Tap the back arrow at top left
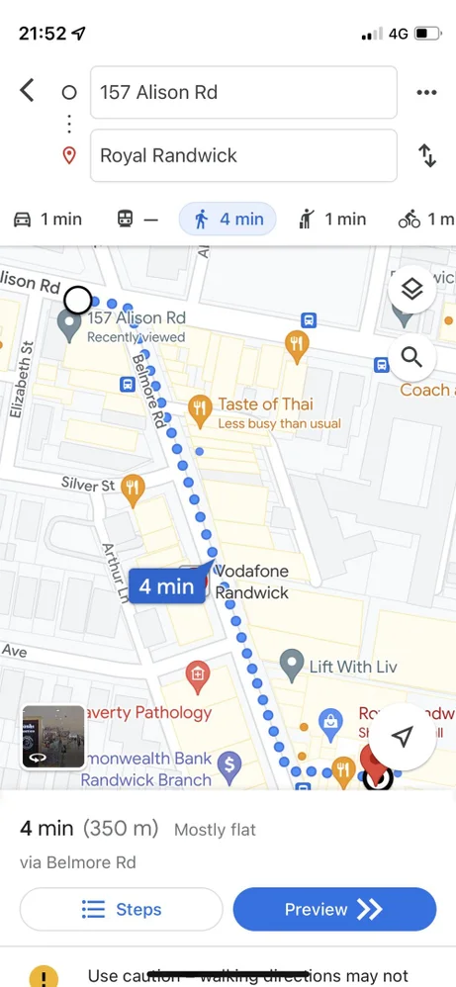click(28, 92)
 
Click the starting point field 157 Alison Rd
click(243, 93)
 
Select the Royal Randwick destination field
click(243, 156)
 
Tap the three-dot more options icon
click(426, 93)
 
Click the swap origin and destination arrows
click(427, 156)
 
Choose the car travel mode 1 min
click(47, 220)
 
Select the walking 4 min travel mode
click(228, 220)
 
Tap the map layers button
click(412, 289)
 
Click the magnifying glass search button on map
click(412, 356)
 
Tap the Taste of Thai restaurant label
click(265, 404)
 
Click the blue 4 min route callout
click(167, 586)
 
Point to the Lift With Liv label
click(352, 667)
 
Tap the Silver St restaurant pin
click(133, 487)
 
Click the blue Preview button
click(334, 910)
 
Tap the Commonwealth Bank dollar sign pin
click(229, 763)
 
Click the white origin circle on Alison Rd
click(77, 300)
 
